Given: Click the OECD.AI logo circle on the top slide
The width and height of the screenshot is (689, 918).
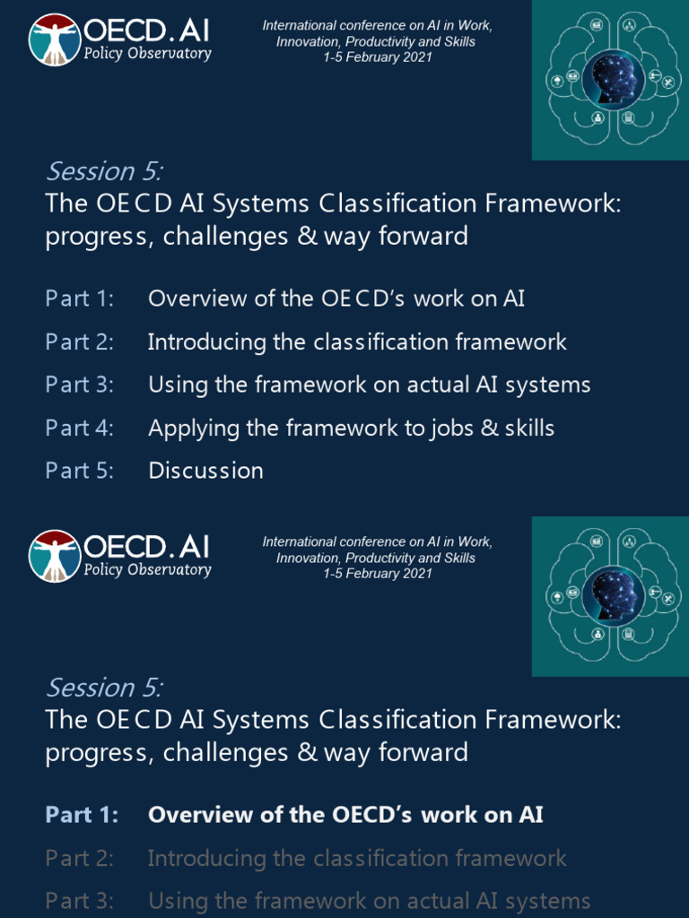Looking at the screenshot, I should coord(54,39).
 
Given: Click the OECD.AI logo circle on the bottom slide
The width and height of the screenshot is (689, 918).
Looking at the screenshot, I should coord(54,556).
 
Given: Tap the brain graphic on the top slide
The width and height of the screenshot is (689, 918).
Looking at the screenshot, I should coord(610,80).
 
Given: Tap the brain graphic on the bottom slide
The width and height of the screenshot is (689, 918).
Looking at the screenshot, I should coord(610,596).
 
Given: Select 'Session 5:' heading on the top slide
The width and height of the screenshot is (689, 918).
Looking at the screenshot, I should coord(104,170).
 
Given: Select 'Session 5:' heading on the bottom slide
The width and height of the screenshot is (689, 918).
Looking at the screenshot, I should coord(104,687).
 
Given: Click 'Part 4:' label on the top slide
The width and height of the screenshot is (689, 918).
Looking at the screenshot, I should coord(80,428).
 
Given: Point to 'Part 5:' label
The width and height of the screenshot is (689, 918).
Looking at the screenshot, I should coord(80,471).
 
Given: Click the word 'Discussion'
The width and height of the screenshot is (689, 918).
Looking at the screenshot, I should coord(205,471).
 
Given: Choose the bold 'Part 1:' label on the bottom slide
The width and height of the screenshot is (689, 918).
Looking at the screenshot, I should coord(82,815).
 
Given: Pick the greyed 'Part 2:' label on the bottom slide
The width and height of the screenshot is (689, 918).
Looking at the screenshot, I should coord(80,858).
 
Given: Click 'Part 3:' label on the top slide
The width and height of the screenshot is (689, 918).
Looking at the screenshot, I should coord(80,385).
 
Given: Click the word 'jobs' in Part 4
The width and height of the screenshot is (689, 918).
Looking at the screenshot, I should coord(452,429).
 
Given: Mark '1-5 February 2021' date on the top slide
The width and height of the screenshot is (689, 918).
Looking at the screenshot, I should coord(378,57).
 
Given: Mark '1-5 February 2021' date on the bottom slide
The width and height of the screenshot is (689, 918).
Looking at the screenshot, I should coord(378,574).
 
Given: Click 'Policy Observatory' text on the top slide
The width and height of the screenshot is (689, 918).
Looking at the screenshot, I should coord(147,53).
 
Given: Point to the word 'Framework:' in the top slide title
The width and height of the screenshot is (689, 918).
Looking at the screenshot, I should coord(553,204).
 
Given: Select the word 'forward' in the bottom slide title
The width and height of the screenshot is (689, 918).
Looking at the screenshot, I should coord(425,752).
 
